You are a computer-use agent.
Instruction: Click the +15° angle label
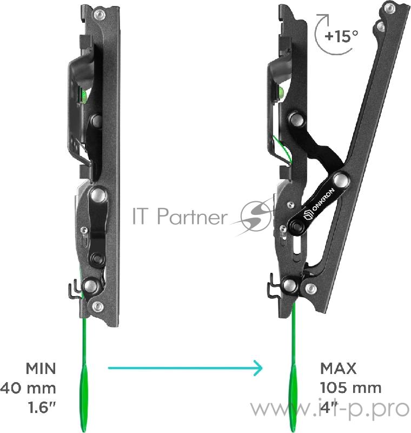point(341,36)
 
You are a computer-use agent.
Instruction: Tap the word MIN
point(41,369)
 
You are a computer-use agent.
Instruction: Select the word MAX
point(338,369)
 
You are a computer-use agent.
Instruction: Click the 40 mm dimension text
point(28,388)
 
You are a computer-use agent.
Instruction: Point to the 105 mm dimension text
point(351,388)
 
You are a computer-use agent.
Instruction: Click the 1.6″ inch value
point(42,408)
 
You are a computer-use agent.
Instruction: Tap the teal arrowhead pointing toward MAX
point(258,368)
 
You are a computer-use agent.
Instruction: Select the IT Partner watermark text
point(180,216)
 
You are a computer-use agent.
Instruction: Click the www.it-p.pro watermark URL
point(330,409)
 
